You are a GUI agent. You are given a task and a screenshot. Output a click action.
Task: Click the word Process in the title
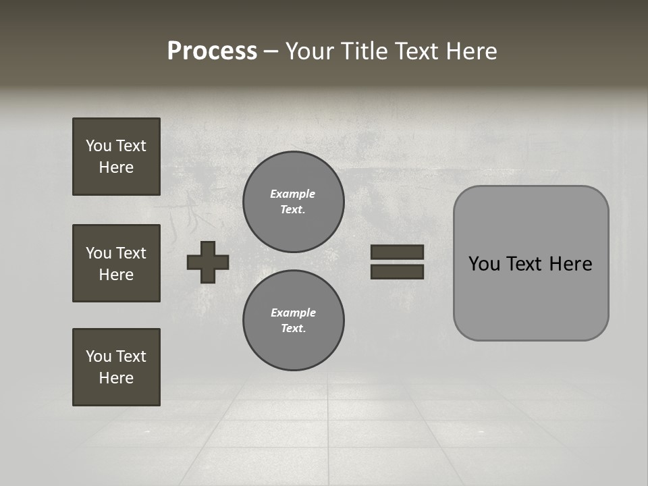tap(212, 51)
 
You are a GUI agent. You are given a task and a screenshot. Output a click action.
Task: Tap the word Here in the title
tap(471, 51)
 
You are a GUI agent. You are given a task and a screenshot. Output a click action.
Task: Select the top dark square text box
tap(116, 157)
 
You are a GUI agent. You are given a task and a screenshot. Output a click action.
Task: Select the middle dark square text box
tap(116, 263)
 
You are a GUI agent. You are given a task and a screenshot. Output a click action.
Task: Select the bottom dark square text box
tap(116, 367)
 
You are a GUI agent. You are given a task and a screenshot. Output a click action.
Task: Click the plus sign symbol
tap(208, 262)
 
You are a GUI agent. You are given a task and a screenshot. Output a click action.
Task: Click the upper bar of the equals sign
tap(397, 252)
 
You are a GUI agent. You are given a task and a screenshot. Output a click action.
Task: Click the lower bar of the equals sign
tap(397, 272)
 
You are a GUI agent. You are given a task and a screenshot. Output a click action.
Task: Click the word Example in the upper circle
tap(293, 194)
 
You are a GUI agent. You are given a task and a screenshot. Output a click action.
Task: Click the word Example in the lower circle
tap(293, 313)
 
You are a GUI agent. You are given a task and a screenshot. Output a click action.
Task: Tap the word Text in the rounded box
tap(526, 264)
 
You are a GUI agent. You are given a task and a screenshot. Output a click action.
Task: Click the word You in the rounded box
tap(484, 264)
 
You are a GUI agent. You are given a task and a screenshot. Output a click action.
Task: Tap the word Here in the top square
tap(116, 167)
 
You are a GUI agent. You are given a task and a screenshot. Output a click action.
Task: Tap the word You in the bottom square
tap(98, 356)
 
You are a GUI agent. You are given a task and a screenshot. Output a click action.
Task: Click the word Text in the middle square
tap(130, 253)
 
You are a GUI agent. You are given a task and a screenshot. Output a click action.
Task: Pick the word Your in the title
tap(310, 51)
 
